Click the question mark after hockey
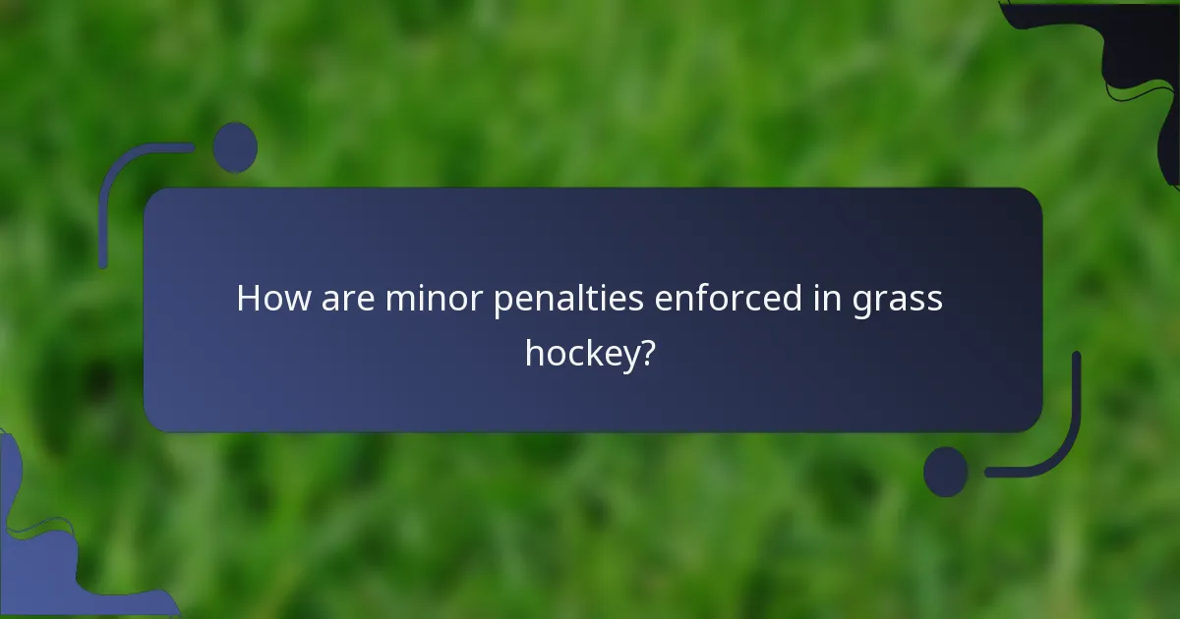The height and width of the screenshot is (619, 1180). point(647,351)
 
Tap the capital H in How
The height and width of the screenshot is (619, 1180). point(248,299)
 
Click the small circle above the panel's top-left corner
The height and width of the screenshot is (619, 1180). point(235,147)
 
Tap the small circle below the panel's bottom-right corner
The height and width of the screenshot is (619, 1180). point(946,472)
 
